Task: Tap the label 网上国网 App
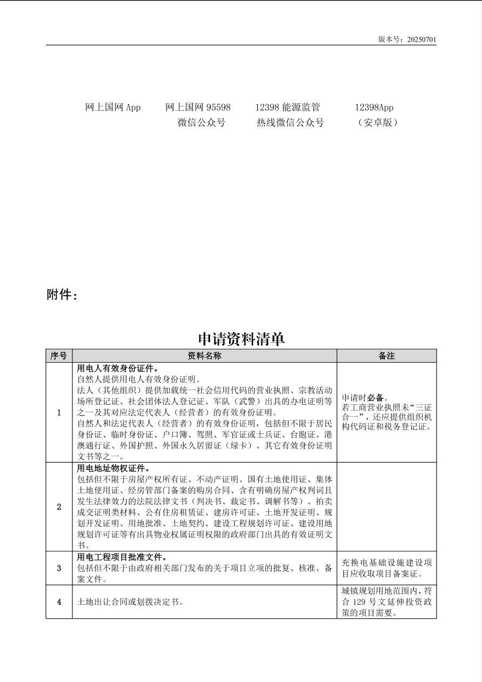pos(113,108)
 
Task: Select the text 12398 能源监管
pos(287,108)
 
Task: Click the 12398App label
pos(374,108)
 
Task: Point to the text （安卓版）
pos(378,123)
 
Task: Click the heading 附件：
pos(62,295)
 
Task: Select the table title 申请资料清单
pos(241,339)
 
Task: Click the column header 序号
pos(58,356)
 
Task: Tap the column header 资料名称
pos(204,356)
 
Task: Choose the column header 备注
pos(386,356)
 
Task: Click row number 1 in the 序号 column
pos(59,413)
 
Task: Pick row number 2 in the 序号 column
pos(59,507)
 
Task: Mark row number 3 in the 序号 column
pos(59,568)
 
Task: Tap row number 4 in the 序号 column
pos(59,602)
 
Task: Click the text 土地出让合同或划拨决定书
pos(129,602)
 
